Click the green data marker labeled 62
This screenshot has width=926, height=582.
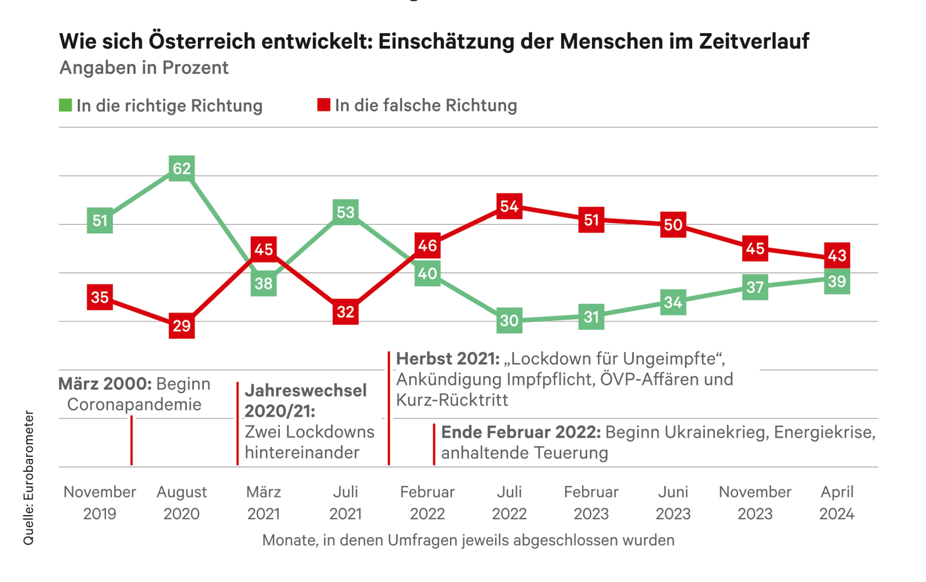182,168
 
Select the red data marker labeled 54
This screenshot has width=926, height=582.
509,206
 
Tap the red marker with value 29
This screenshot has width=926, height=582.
182,326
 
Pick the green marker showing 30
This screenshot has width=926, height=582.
509,320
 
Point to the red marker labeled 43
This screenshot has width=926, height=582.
837,255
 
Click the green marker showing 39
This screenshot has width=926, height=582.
837,281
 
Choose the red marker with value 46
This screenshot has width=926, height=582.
427,245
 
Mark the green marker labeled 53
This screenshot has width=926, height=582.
345,212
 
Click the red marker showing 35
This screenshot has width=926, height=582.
99,297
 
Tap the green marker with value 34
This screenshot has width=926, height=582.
673,302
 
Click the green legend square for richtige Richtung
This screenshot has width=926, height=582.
65,105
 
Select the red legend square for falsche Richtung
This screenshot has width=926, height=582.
324,105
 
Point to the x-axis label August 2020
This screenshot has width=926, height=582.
182,503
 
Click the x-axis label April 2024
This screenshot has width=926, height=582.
837,503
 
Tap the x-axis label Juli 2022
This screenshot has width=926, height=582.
509,503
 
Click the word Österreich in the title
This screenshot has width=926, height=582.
202,41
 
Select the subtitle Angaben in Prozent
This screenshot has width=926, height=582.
144,68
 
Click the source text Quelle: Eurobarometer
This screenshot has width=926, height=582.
29,478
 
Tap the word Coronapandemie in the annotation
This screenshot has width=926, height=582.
134,405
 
